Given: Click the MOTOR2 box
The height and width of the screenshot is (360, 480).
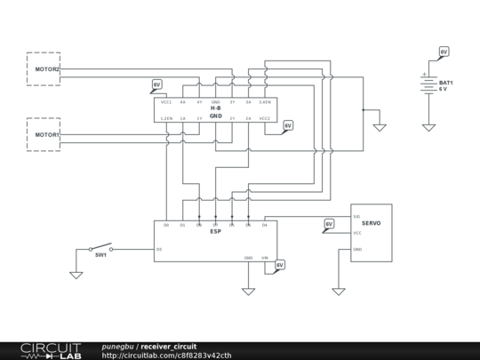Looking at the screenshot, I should coord(44,68).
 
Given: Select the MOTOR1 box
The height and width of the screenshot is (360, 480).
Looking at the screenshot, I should coord(44,134).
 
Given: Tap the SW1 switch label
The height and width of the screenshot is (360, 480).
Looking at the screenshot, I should coord(101,255).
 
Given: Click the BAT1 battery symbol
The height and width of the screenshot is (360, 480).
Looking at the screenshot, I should coord(428,85).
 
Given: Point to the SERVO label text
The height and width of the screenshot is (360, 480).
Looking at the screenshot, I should coord(371,223).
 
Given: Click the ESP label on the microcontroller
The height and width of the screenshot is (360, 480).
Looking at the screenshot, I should coord(215,231).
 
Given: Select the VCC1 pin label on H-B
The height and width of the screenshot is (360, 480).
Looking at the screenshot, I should coord(166,102).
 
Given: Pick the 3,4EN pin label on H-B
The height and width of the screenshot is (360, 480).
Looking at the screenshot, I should coord(264,102).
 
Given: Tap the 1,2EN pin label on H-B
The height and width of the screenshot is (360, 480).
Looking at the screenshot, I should coord(166,117).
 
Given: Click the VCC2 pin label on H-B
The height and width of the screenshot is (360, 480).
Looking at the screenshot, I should coord(264,117).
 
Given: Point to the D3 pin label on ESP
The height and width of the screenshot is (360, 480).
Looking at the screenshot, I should coord(159,249).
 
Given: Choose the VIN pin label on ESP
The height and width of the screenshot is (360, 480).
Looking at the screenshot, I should coord(264,258).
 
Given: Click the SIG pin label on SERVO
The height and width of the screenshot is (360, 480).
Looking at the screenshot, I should coord(356,217).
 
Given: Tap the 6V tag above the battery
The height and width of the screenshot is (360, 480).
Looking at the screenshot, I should coord(444,52).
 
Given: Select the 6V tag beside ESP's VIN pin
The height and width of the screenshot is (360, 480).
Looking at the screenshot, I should coord(279,265).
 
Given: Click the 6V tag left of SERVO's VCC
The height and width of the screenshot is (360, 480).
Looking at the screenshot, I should coord(329,224).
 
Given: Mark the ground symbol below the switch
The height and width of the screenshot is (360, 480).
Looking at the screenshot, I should coord(76,275).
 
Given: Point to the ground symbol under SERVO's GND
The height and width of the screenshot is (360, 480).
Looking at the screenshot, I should coord(339,291).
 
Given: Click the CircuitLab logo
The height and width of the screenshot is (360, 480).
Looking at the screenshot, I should coord(50,350).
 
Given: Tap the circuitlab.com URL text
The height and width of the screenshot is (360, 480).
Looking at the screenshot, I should coord(166,356).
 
